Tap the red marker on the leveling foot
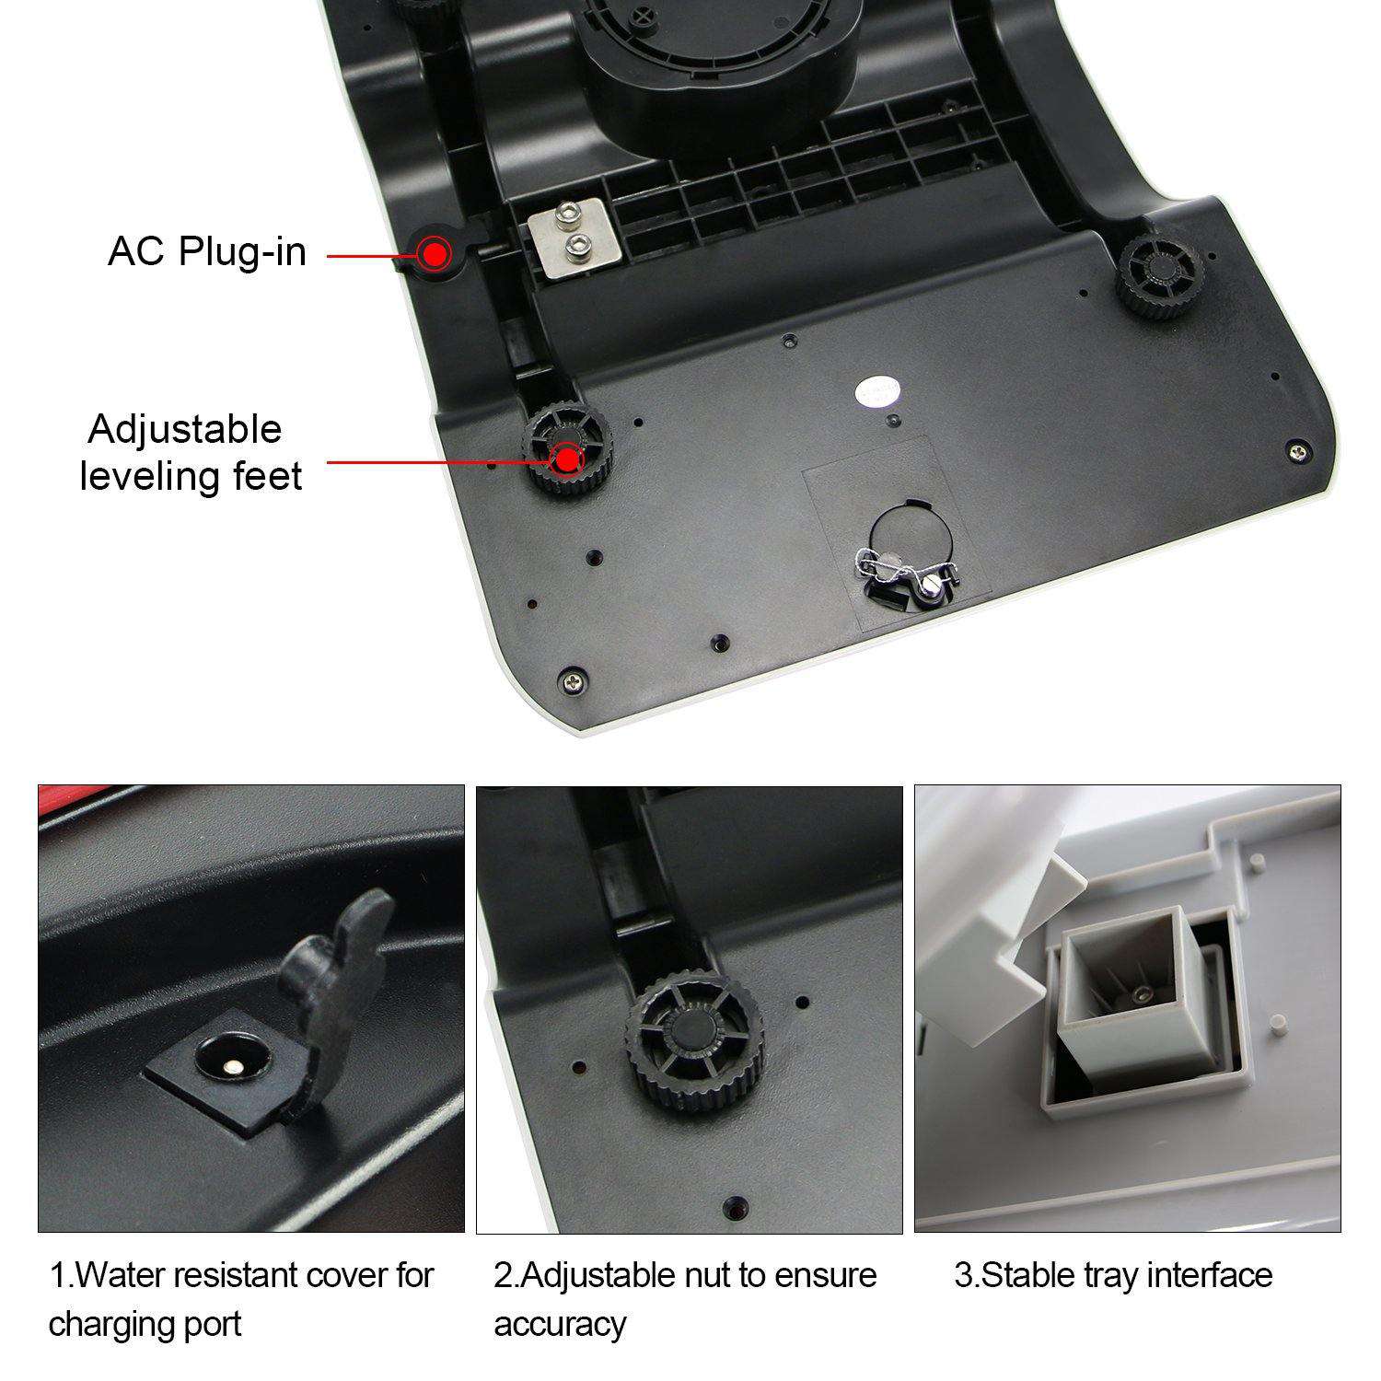point(567,458)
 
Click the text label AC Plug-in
point(207,251)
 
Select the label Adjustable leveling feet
point(191,453)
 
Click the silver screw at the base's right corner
point(1297,451)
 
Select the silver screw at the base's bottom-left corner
point(574,683)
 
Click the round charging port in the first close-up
point(226,1062)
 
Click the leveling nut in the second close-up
point(693,1035)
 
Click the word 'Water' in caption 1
point(119,1276)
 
